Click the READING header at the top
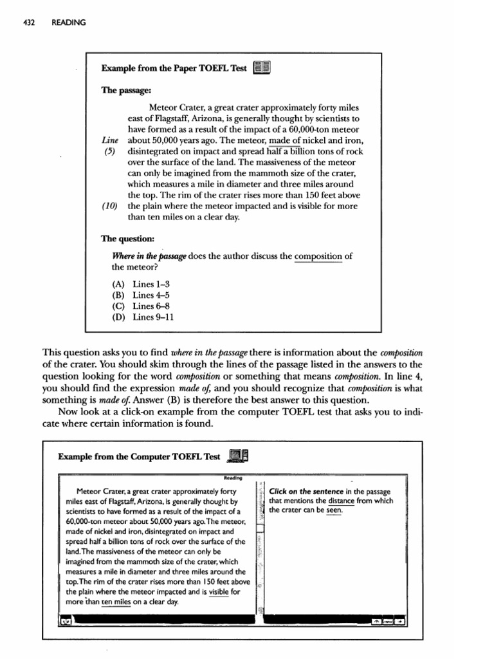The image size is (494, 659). click(x=68, y=23)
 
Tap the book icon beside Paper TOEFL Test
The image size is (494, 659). click(x=262, y=68)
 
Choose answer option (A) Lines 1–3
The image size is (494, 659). click(x=140, y=284)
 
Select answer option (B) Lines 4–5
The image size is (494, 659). click(x=140, y=295)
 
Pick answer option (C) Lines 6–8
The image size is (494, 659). click(x=140, y=306)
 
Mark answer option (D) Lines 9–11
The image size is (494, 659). click(x=143, y=317)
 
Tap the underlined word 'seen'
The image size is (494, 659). click(x=334, y=510)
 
